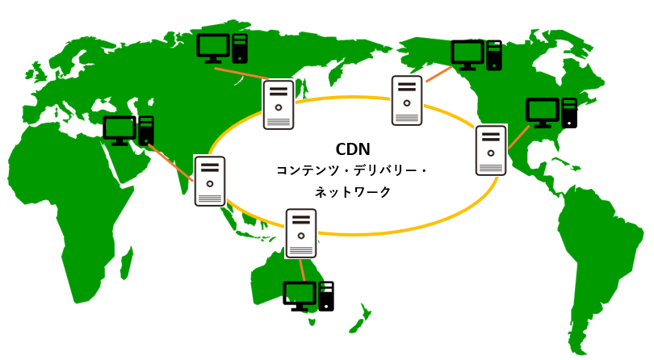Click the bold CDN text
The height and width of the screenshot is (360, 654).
[x=353, y=149]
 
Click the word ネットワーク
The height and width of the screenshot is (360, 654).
[x=353, y=192]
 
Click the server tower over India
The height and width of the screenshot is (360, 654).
[x=210, y=181]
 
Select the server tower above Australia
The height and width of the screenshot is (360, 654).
[x=300, y=233]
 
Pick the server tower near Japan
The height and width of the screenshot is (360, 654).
[x=279, y=104]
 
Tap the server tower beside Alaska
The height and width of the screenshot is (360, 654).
[x=407, y=101]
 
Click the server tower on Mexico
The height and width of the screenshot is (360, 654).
[x=491, y=150]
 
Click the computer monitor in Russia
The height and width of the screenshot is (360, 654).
[x=213, y=48]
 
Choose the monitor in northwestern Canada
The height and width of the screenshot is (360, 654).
[x=467, y=55]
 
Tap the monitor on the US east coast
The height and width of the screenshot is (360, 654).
[x=543, y=113]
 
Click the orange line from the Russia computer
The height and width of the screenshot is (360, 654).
[x=242, y=73]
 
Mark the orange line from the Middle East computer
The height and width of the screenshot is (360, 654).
[x=171, y=163]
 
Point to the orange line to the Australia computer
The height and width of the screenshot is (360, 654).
[x=302, y=270]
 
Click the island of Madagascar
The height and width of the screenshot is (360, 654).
[x=127, y=263]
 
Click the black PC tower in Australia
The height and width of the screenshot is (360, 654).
[x=326, y=296]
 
